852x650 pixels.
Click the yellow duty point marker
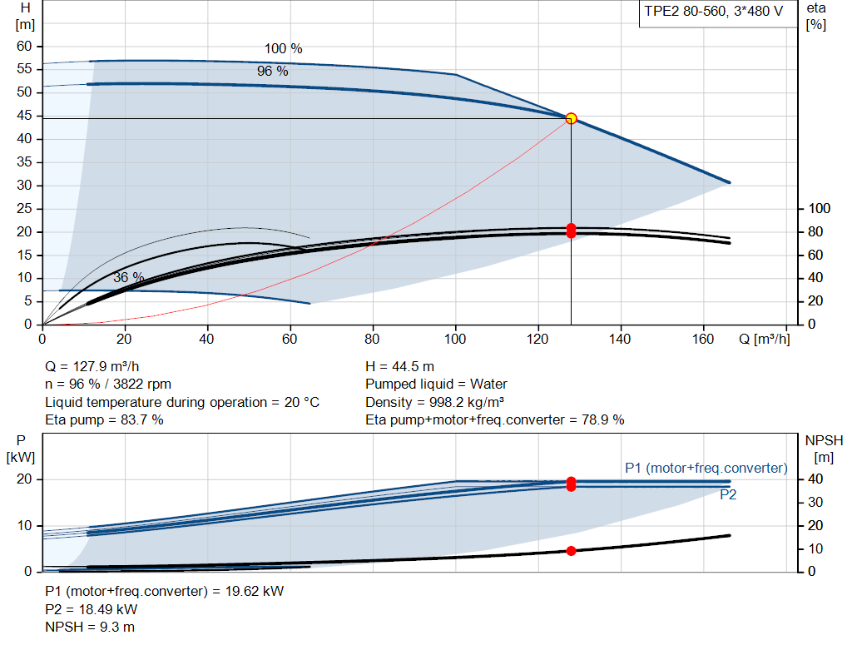pyautogui.click(x=571, y=118)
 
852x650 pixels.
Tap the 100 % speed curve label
pyautogui.click(x=283, y=48)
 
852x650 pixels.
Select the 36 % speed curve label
pyautogui.click(x=129, y=277)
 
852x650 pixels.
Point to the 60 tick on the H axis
pyautogui.click(x=24, y=47)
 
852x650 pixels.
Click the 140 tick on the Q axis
pyautogui.click(x=620, y=339)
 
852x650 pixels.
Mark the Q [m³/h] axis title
pyautogui.click(x=764, y=339)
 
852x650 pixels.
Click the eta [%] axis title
pyautogui.click(x=816, y=17)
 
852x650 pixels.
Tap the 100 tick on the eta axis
pyautogui.click(x=819, y=208)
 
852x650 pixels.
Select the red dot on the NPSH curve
pyautogui.click(x=571, y=551)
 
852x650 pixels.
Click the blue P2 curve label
pyautogui.click(x=728, y=494)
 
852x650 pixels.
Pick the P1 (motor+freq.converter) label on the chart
pyautogui.click(x=706, y=468)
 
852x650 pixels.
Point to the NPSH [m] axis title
pyautogui.click(x=824, y=449)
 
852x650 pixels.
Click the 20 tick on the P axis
pyautogui.click(x=24, y=479)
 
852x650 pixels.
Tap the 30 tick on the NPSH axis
pyautogui.click(x=815, y=502)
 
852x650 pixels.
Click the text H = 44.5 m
pyautogui.click(x=400, y=367)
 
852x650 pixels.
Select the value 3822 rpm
pyautogui.click(x=142, y=385)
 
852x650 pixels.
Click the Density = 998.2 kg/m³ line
pyautogui.click(x=434, y=402)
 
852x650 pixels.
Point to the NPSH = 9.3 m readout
pyautogui.click(x=90, y=628)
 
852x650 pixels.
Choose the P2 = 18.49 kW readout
pyautogui.click(x=92, y=609)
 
